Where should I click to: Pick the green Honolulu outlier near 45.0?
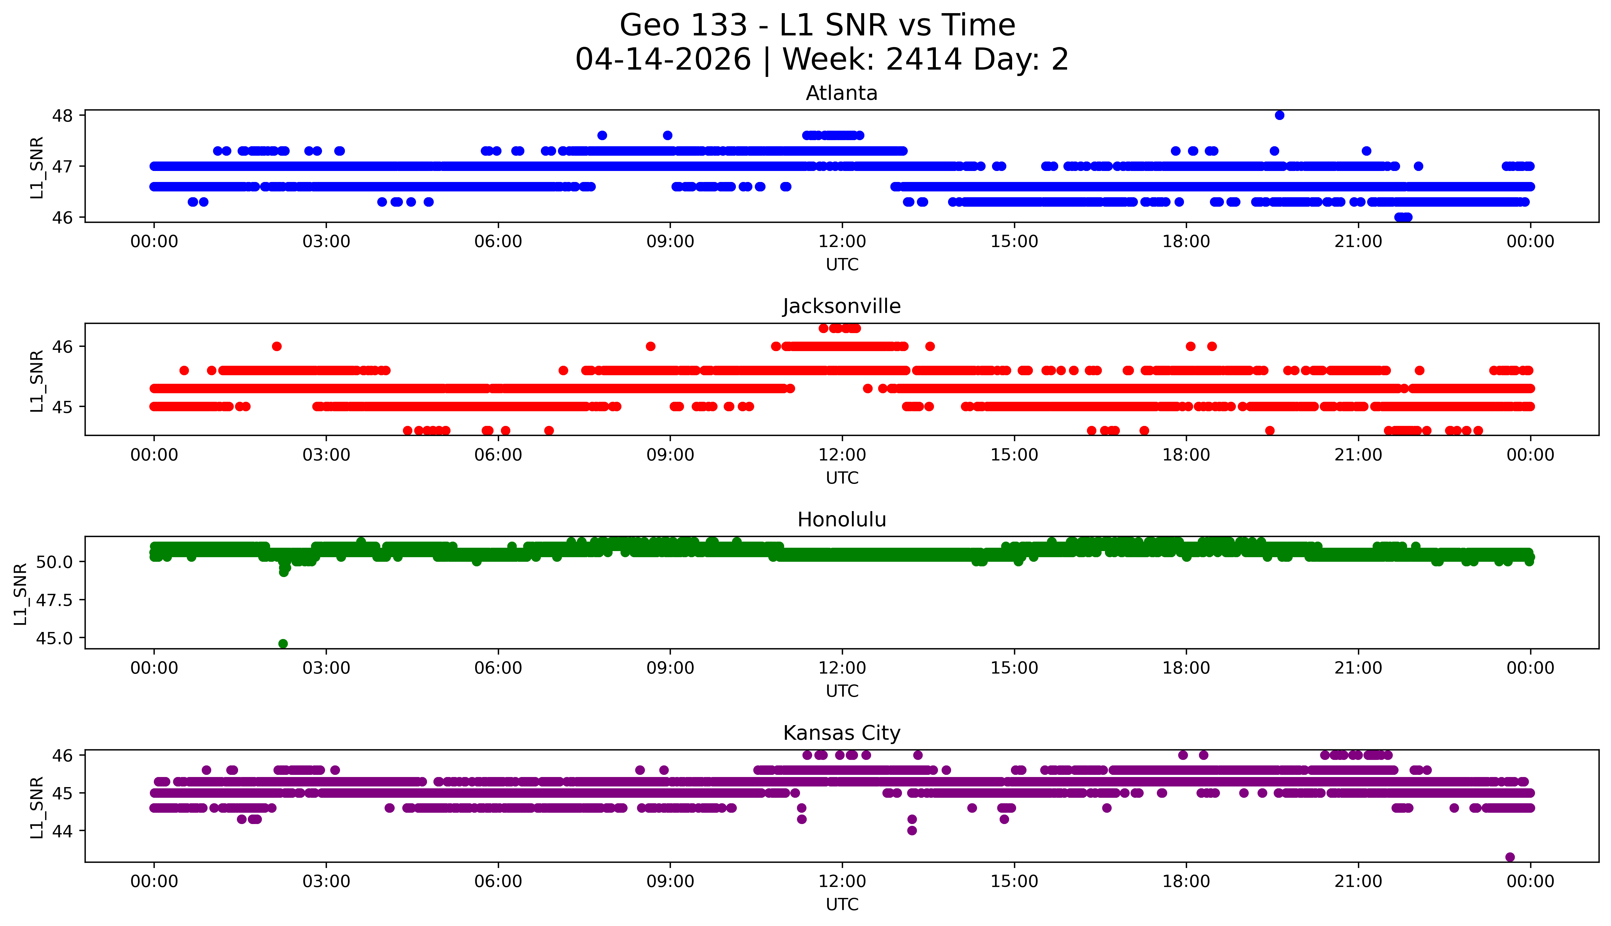click(283, 644)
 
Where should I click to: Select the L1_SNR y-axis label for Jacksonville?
click(37, 380)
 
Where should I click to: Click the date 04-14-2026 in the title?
click(663, 60)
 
